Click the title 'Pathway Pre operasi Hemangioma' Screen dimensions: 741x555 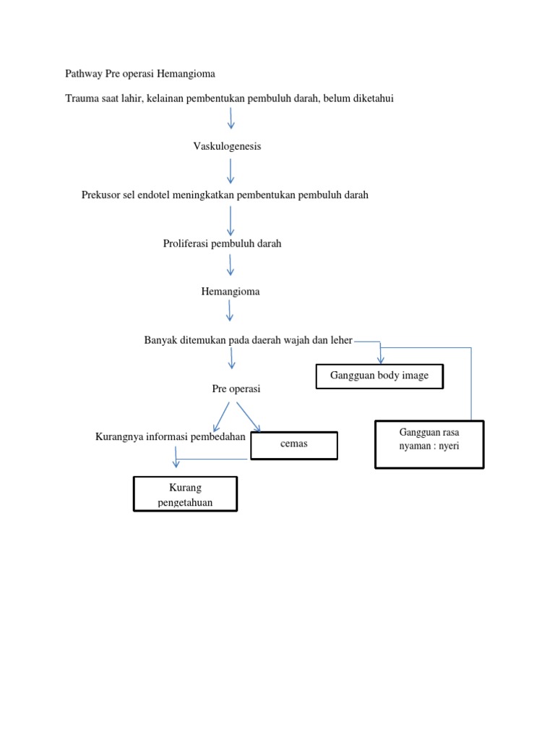click(x=140, y=74)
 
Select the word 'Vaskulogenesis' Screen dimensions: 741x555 click(x=227, y=146)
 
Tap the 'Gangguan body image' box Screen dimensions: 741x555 click(x=379, y=376)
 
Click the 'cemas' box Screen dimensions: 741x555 click(x=294, y=444)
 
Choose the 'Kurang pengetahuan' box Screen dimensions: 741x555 click(x=185, y=494)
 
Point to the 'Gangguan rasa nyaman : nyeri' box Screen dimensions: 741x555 click(x=429, y=444)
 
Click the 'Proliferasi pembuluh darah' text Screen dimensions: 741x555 click(x=222, y=244)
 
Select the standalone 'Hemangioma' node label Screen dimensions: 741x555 click(x=230, y=292)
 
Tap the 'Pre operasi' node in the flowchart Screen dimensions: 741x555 click(x=236, y=389)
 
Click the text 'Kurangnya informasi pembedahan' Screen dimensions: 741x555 click(x=171, y=437)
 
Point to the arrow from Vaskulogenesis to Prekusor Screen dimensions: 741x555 click(x=231, y=171)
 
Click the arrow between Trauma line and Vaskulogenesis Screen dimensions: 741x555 click(x=231, y=118)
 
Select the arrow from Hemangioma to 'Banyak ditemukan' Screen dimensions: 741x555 click(x=230, y=311)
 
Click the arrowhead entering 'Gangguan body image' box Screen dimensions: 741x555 click(x=381, y=359)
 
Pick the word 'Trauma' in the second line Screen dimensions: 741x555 click(x=82, y=98)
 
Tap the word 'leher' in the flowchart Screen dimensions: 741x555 click(x=340, y=341)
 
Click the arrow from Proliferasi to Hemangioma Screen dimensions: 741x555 click(x=231, y=264)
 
